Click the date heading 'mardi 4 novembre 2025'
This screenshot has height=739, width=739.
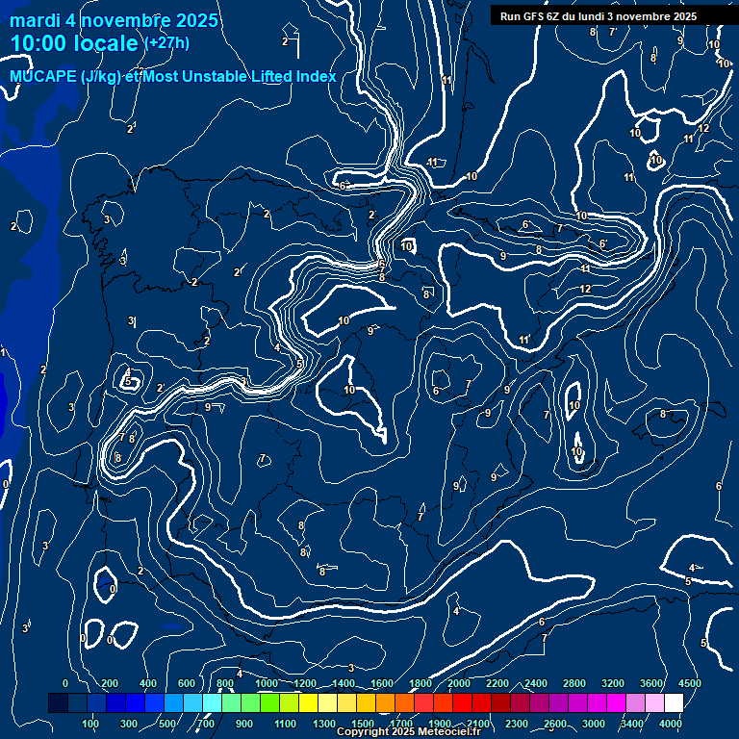tap(114, 20)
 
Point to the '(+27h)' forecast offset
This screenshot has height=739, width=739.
tap(166, 42)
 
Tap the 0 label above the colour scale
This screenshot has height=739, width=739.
tap(65, 683)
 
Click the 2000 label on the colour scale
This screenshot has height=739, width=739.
tap(459, 683)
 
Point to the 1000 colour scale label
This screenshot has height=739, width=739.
tap(267, 683)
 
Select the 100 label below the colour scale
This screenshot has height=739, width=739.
tap(91, 724)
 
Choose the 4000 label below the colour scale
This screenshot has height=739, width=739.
tap(671, 724)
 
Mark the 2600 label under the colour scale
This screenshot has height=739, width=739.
tap(555, 724)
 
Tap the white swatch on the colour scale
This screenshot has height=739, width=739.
tap(674, 703)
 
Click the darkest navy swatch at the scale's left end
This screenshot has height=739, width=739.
tap(58, 703)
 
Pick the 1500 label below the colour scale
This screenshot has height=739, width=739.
tap(363, 724)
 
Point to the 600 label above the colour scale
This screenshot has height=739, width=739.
tap(186, 683)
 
